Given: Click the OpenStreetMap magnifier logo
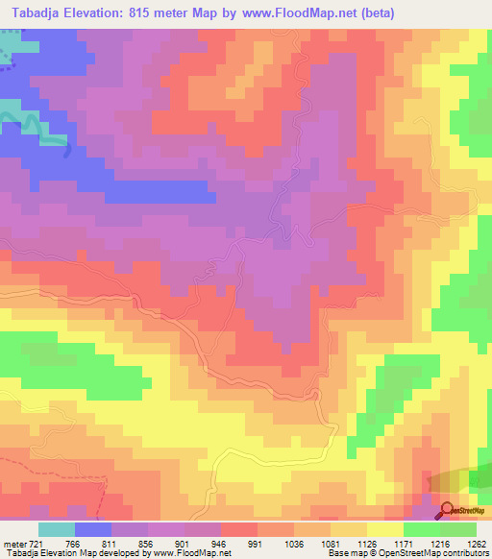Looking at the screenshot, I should [x=449, y=509].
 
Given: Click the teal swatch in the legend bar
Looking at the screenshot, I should [x=56, y=529].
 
